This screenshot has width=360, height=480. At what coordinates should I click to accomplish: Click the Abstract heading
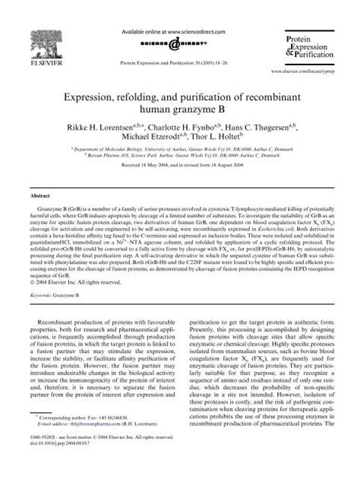click(x=41, y=196)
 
